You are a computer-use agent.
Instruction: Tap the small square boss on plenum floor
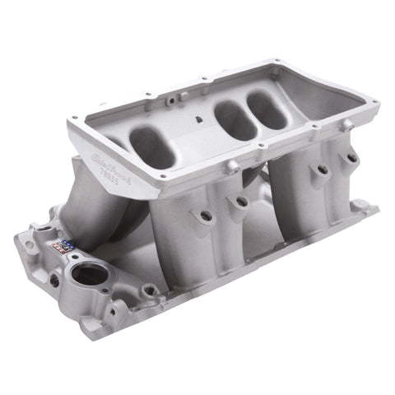click(x=200, y=120)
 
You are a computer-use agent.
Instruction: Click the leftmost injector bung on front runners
click(x=205, y=216)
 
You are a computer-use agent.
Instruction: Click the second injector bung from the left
click(x=241, y=201)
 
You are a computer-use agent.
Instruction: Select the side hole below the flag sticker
click(x=54, y=279)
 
